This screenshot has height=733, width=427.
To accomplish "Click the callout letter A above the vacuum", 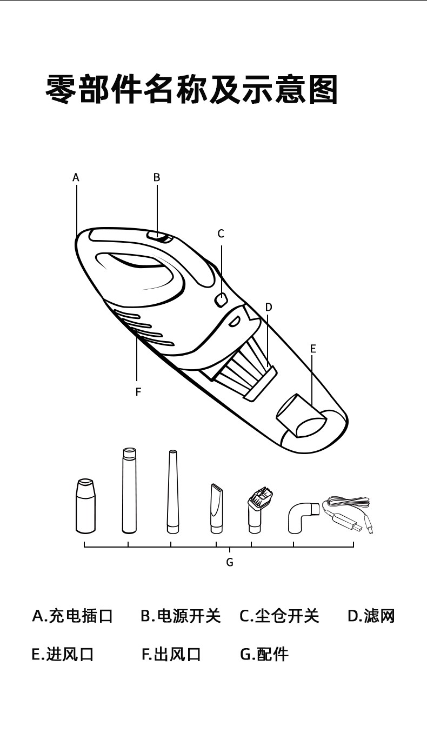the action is coord(76,177).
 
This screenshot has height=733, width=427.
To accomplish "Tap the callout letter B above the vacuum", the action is coord(157,177).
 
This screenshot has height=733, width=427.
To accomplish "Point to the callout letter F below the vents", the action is coord(138,392).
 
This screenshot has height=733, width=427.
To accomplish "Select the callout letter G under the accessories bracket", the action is coord(230,562).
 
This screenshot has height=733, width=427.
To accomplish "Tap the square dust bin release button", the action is coord(221,299).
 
